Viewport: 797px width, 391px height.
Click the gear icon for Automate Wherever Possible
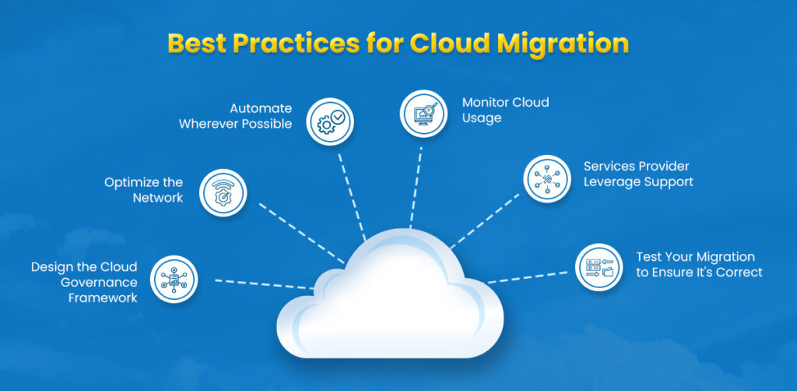331,122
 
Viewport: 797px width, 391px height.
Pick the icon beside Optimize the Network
223,192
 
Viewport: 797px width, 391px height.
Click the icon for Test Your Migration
599,266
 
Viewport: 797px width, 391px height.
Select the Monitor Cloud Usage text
505,110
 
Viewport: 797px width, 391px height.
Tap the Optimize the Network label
144,190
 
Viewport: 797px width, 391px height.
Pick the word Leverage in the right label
613,181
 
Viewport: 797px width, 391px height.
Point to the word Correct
739,272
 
